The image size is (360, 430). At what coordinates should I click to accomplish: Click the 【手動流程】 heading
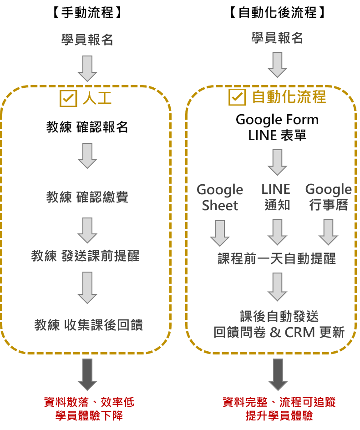87,12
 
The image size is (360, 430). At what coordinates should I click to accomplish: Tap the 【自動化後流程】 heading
277,12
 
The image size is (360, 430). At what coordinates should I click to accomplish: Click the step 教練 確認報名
87,127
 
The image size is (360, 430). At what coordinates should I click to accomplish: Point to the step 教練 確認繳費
87,197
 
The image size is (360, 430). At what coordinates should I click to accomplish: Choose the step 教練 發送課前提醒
85,256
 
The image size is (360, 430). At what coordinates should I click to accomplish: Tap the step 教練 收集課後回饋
88,325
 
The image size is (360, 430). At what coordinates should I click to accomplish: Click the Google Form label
277,120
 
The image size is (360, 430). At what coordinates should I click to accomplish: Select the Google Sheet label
220,197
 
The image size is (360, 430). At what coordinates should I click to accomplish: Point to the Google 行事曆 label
328,197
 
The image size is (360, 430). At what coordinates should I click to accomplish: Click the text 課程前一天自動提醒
277,259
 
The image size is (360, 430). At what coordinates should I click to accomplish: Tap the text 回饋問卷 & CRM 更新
279,333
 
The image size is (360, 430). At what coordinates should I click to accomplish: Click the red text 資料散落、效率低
89,402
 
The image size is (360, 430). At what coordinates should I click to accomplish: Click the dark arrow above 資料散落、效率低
87,374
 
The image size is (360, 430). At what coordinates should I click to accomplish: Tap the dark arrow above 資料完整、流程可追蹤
277,374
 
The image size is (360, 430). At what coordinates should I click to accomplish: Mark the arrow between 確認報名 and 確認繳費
87,156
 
